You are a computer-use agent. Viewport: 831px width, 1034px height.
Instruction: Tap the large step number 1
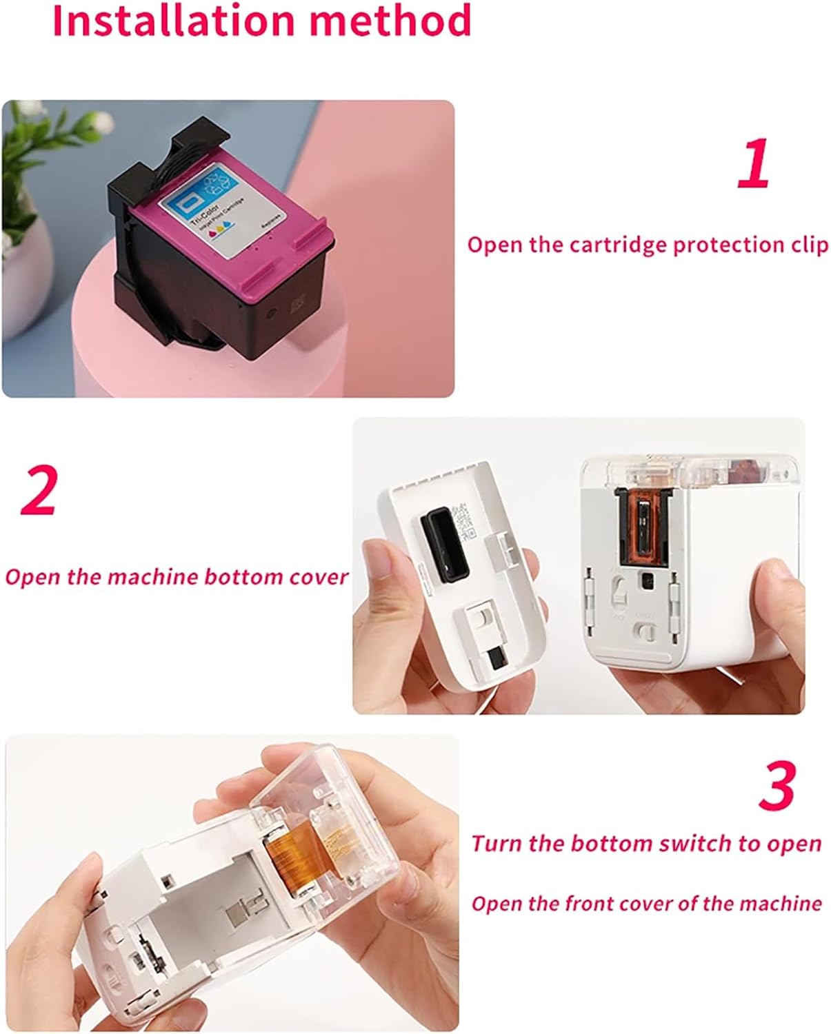(753, 163)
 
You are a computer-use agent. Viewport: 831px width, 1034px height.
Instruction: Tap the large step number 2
(39, 491)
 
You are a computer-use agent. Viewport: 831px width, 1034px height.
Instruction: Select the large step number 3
(777, 786)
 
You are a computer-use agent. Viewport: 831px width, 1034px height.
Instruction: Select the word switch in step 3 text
(700, 844)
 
